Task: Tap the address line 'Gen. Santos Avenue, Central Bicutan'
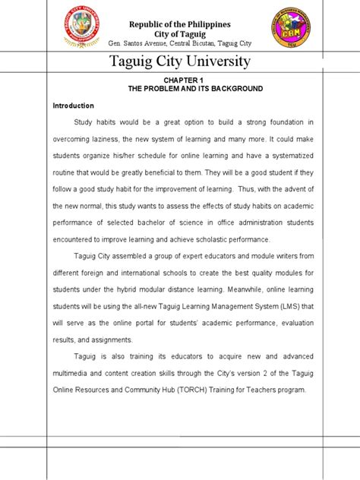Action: [x=180, y=39]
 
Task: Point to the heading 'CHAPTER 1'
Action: [x=185, y=79]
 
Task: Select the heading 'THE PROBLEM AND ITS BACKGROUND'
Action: [x=196, y=89]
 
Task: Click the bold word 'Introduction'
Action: [x=73, y=106]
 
